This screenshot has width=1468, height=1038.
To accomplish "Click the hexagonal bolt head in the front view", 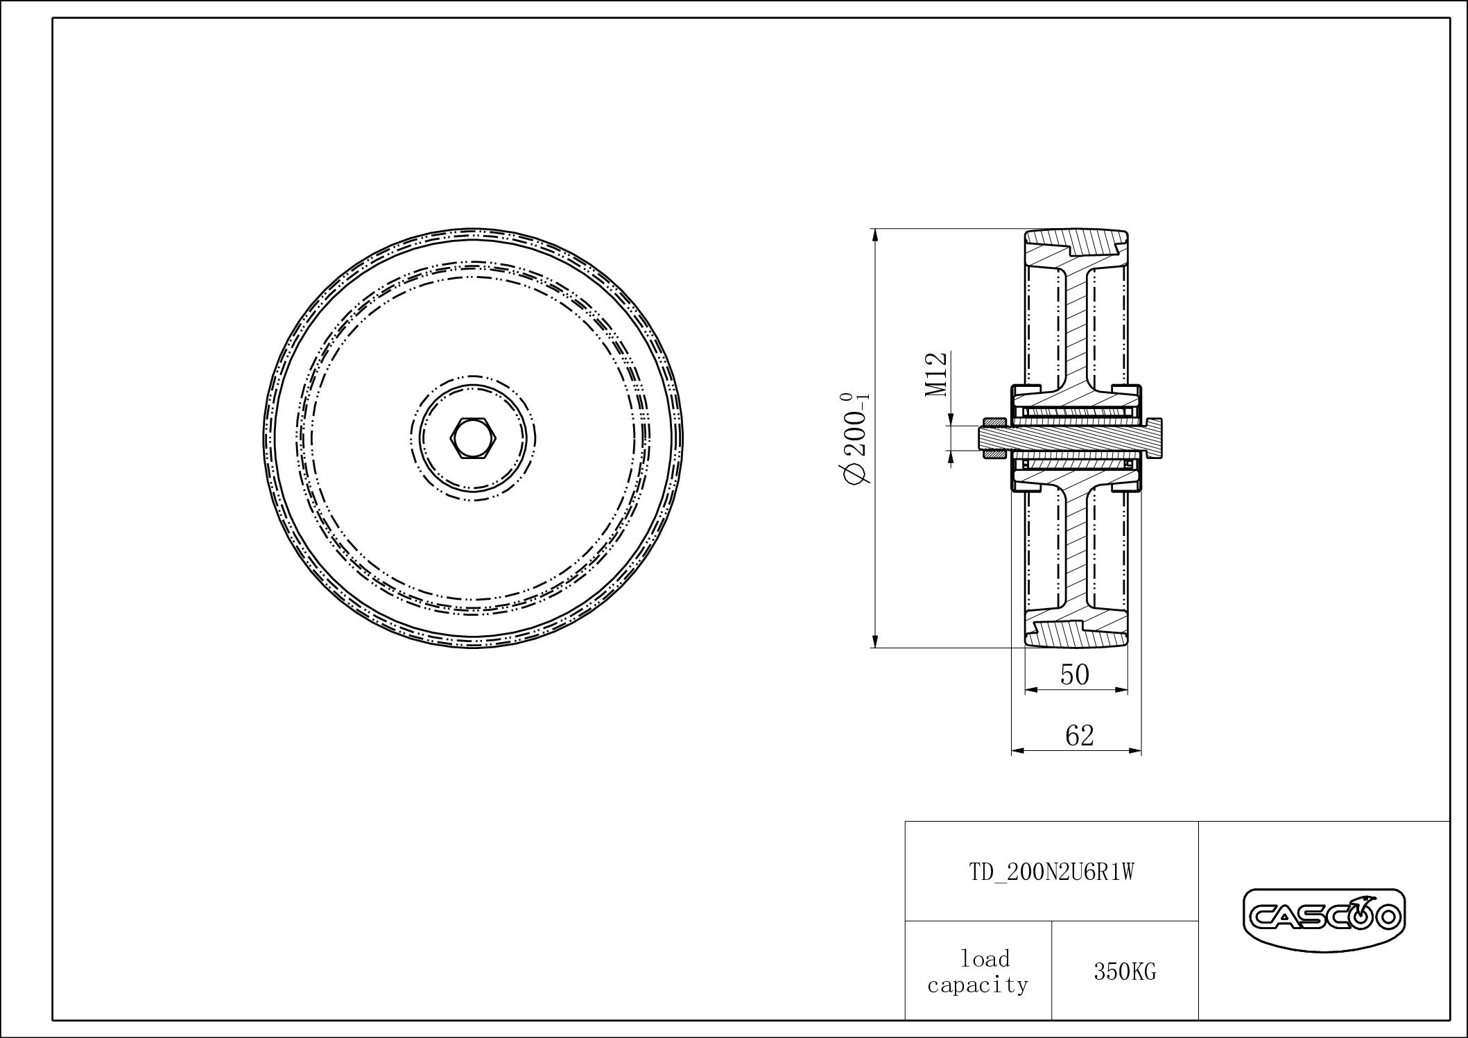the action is coord(474,438).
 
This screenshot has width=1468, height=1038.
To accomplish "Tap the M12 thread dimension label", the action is coord(935,374).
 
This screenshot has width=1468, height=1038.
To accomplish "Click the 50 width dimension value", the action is coord(1075,674).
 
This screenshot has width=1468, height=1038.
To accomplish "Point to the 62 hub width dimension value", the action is coord(1079,735).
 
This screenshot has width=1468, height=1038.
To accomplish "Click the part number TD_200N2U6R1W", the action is coord(1051,872).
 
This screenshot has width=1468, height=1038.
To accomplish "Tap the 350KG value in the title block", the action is coord(1125,972).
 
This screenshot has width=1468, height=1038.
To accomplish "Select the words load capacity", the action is coord(978,971).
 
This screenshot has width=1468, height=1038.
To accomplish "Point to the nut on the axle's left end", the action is coord(993,438).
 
